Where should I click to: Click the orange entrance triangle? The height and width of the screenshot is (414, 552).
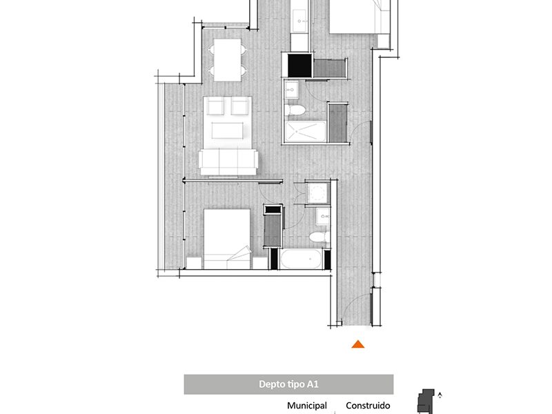tap(357, 344)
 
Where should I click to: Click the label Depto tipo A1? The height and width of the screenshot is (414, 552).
tap(288, 384)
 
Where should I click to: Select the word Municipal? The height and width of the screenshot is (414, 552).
tap(307, 406)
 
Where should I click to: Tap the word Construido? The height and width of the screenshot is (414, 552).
tap(368, 406)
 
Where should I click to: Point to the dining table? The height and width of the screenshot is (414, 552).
tap(228, 60)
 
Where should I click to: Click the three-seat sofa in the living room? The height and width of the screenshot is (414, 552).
tap(228, 162)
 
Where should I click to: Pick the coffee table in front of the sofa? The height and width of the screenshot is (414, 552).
tap(228, 130)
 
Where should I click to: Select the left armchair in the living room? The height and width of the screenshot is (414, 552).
tap(215, 106)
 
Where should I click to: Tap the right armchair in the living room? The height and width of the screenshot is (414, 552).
tap(240, 106)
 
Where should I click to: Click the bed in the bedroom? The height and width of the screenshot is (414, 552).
tap(227, 239)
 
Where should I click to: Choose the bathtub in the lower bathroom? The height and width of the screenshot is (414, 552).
tap(301, 259)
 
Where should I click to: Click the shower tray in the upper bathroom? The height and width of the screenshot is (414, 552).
tap(306, 132)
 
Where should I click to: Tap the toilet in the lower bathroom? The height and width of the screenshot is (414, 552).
tap(319, 237)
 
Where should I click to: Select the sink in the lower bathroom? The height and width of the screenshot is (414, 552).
tap(323, 216)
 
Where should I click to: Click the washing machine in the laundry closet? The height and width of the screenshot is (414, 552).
tap(318, 193)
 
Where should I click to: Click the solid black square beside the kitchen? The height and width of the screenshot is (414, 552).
tap(300, 66)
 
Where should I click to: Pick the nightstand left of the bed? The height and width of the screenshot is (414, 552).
tap(194, 263)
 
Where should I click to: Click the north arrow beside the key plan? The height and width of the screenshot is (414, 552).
tap(440, 395)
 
